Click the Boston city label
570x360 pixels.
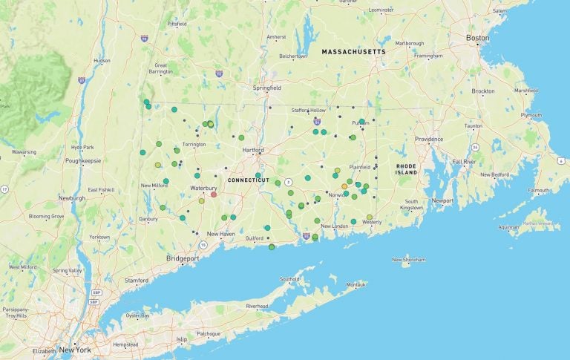coord(477,37)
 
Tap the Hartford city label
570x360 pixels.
coord(253,150)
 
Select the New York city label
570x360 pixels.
coord(75,350)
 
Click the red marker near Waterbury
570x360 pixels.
coord(214,194)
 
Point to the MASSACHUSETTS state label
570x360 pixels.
coord(353,52)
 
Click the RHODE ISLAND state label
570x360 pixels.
coord(406,168)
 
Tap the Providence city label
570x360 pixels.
coord(429,139)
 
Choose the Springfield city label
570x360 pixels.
coord(266,88)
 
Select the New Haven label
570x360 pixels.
coord(220,234)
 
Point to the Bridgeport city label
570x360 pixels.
coord(183,258)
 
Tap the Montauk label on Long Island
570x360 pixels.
coord(356,284)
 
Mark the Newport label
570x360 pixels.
coord(442,200)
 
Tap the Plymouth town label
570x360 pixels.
coord(531,115)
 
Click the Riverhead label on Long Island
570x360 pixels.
coord(257,306)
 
